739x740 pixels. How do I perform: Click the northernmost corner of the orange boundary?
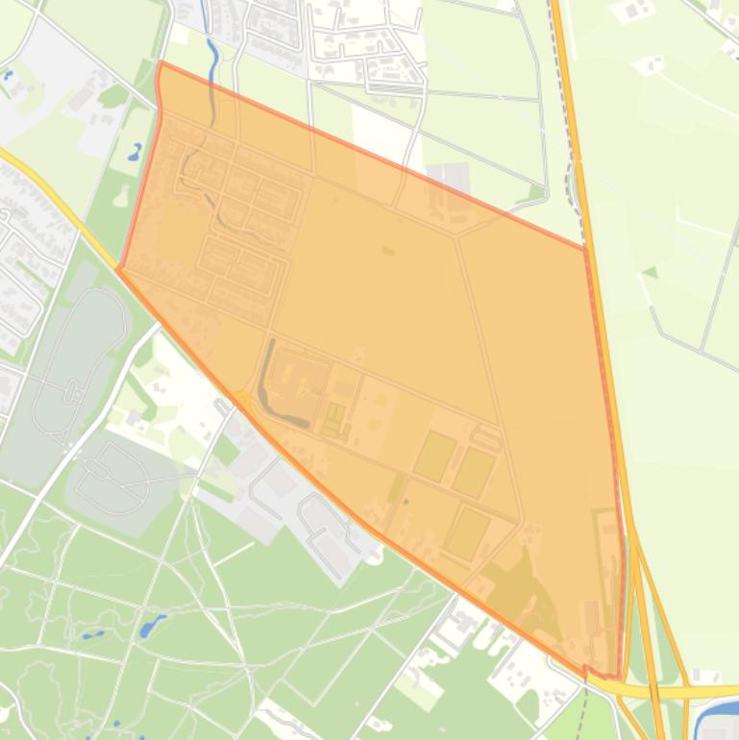click(x=160, y=63)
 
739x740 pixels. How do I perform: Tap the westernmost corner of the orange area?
click(x=118, y=269)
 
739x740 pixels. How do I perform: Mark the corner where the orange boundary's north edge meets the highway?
click(x=585, y=248)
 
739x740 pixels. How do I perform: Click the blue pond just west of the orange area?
click(x=135, y=152)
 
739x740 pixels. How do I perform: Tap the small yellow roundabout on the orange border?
click(x=243, y=398)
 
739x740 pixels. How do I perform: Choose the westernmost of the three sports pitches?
click(x=434, y=456)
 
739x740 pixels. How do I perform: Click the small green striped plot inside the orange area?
click(x=333, y=418)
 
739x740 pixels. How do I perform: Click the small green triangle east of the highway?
click(x=651, y=272)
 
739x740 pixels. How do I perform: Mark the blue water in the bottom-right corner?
click(x=719, y=720)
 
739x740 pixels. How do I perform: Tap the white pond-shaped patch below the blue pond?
click(x=121, y=196)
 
